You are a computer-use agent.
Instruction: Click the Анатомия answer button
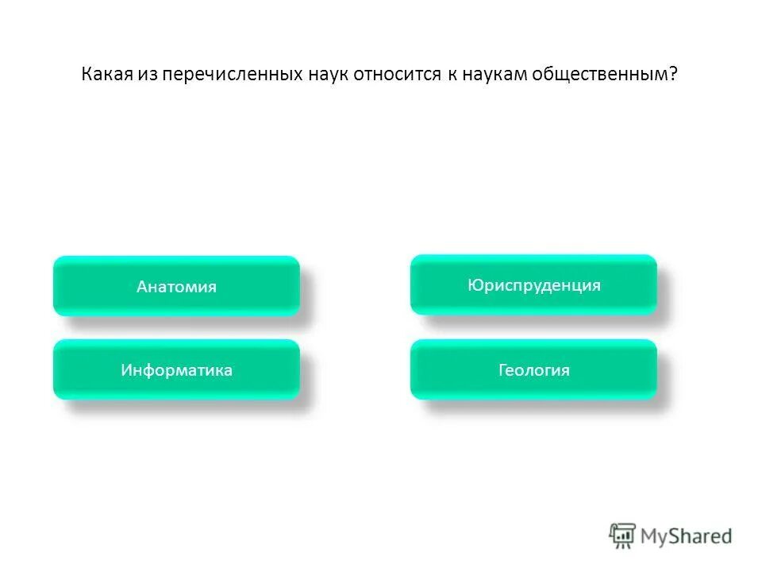[x=176, y=286]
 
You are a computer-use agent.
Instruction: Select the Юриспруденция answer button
[x=533, y=284]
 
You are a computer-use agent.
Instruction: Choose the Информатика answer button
[x=176, y=369]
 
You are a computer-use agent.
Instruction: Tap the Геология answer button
[x=533, y=369]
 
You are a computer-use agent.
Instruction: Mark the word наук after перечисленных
[x=325, y=75]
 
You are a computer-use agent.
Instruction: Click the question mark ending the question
[x=673, y=75]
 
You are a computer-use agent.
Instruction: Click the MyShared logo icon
[x=622, y=535]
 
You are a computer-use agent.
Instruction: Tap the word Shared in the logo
[x=699, y=536]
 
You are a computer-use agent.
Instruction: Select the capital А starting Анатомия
[x=141, y=287]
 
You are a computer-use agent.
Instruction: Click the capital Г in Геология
[x=502, y=370]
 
